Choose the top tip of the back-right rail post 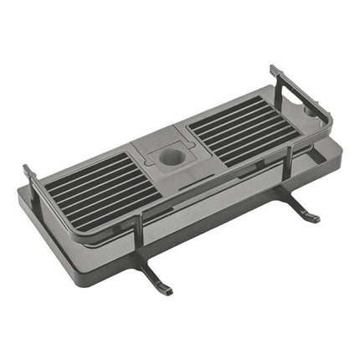point(273,69)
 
